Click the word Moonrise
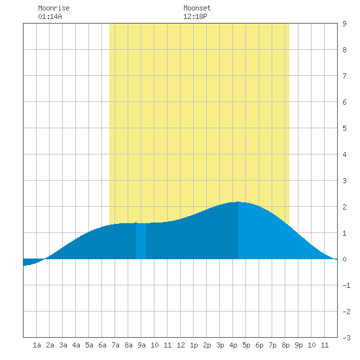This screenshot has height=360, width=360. [x=54, y=8]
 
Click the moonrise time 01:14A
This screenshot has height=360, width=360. [x=50, y=16]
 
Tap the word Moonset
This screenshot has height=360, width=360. [x=197, y=8]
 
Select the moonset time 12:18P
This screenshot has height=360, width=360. [x=195, y=16]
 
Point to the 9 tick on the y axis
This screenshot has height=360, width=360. [x=344, y=24]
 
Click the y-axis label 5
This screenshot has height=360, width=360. [x=344, y=128]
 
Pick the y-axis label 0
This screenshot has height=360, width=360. [x=344, y=259]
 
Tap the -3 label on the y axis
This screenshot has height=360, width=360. [x=346, y=338]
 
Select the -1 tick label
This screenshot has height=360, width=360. [x=346, y=285]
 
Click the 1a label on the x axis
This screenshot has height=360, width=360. [x=37, y=345]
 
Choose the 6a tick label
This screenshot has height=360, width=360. [x=102, y=345]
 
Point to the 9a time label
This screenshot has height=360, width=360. [x=141, y=345]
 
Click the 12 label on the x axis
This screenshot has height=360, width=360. [x=181, y=345]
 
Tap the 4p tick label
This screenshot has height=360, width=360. [x=233, y=345]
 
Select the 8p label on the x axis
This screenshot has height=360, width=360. [x=285, y=345]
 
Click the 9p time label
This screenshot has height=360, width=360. [x=298, y=345]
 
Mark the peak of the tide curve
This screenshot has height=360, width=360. [x=238, y=202]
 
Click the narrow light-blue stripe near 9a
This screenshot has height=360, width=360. [x=141, y=241]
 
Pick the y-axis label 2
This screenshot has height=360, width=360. [x=344, y=207]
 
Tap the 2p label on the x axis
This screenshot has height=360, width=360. [x=207, y=345]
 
